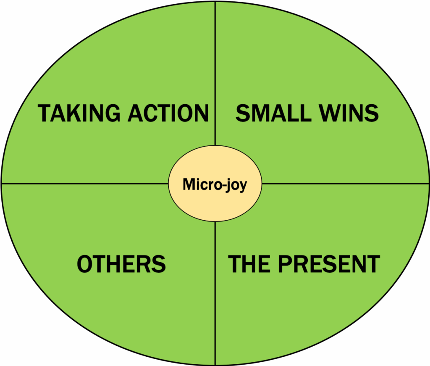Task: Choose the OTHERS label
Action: (x=121, y=264)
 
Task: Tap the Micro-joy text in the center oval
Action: (x=215, y=184)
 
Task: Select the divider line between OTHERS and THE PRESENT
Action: (x=215, y=294)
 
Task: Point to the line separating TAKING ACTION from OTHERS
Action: (x=84, y=184)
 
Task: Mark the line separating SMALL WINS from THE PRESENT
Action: (x=344, y=184)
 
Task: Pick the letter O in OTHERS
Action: (x=86, y=264)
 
